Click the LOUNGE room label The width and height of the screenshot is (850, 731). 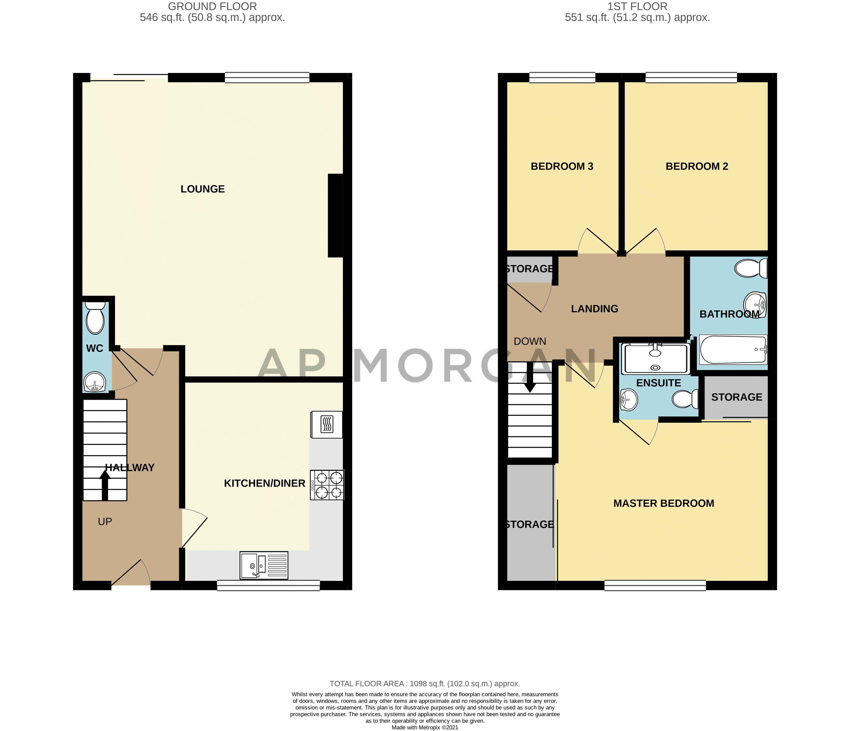coord(203,189)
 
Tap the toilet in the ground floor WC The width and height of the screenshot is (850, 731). coord(95,318)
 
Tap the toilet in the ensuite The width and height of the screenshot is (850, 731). coord(685,399)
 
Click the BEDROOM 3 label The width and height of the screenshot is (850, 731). coord(562,166)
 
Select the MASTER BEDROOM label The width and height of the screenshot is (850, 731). coord(664,503)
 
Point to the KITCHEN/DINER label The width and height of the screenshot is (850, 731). coord(265,484)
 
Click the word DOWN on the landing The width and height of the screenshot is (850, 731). coord(530,341)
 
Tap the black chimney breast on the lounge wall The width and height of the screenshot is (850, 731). coord(335,216)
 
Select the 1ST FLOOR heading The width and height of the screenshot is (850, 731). coord(637,7)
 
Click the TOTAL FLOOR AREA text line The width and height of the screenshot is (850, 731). coord(425,684)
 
